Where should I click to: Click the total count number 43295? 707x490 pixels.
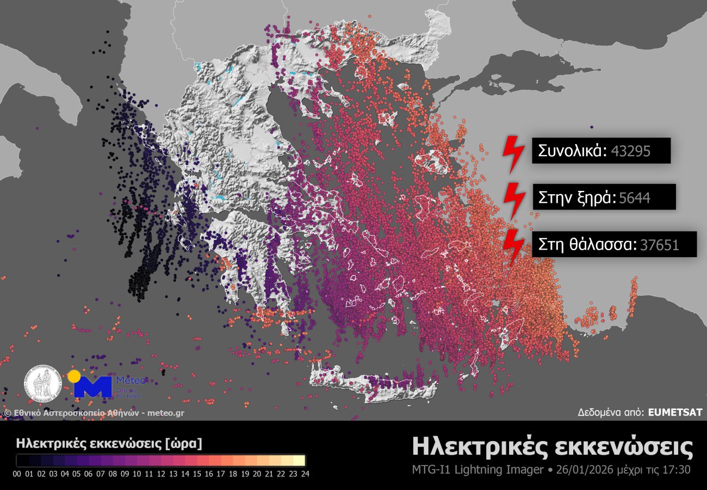click(x=631, y=151)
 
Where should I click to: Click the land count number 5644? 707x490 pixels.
click(x=635, y=199)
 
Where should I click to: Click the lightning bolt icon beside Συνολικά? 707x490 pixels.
click(x=512, y=154)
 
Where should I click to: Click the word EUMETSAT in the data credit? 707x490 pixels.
click(x=675, y=413)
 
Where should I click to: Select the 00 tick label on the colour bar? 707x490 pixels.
click(x=16, y=474)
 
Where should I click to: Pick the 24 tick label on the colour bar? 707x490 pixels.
click(x=305, y=474)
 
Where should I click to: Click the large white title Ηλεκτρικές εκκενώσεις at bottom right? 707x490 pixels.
click(x=553, y=447)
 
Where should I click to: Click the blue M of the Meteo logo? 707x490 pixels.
click(x=92, y=387)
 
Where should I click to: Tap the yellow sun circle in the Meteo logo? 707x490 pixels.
click(x=74, y=376)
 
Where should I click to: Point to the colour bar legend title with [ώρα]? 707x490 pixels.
click(x=109, y=443)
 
